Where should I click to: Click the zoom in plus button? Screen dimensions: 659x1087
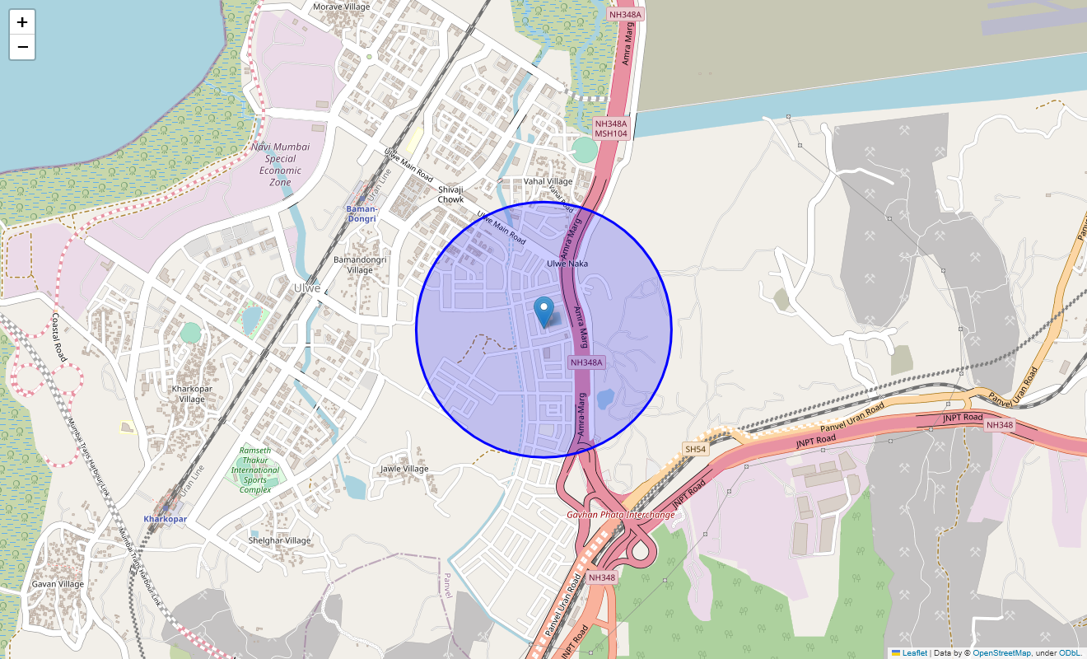22,22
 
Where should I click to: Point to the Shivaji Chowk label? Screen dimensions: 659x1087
450,194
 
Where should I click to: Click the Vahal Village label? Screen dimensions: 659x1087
548,181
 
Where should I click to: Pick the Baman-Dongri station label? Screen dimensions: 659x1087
361,213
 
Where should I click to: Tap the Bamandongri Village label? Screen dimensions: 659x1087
359,264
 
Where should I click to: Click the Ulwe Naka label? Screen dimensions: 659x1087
567,264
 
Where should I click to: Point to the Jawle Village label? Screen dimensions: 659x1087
404,469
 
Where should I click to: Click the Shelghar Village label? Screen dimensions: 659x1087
280,540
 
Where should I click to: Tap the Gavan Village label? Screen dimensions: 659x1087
58,584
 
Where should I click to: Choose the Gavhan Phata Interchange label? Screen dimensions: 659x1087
620,514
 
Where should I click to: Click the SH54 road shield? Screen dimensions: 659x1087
695,449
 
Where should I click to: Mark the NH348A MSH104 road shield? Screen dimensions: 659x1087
611,129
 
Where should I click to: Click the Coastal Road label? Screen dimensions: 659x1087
58,337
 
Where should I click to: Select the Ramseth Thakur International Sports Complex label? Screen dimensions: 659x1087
255,470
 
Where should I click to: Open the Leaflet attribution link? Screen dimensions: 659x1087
914,653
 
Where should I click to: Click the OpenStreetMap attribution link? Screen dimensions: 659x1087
1001,653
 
